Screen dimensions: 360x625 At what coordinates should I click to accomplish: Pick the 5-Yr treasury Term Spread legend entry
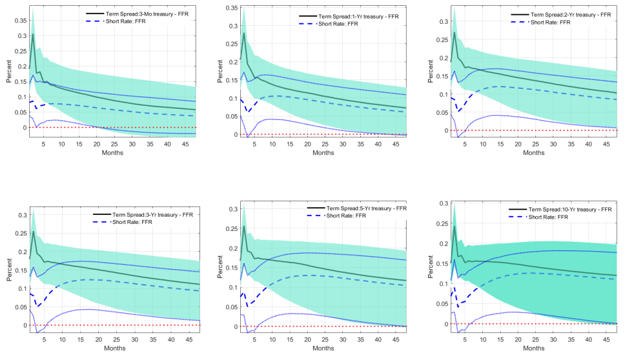[x=357, y=208]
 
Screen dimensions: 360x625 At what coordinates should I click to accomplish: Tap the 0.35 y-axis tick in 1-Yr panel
[x=228, y=8]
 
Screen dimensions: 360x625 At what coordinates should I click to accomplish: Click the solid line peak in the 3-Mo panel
[x=33, y=34]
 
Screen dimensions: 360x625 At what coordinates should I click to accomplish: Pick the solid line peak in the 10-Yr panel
[x=455, y=226]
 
